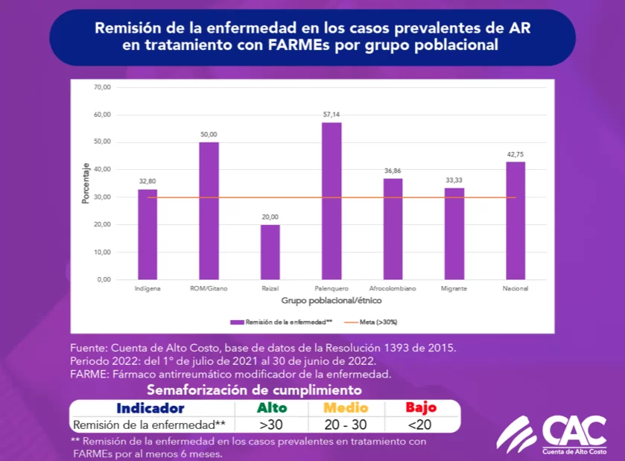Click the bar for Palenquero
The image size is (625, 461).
[x=331, y=201]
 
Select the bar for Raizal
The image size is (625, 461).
[x=270, y=252]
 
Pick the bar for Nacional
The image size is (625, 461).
[x=515, y=220]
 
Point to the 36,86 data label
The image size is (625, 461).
[x=393, y=171]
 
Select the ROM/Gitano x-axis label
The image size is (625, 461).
[x=209, y=287]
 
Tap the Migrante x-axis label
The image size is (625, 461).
[x=454, y=287]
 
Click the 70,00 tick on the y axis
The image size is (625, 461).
[x=102, y=87]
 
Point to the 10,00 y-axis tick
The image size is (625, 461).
[x=102, y=252]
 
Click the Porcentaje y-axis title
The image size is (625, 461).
[x=86, y=183]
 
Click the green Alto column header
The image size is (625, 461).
[x=272, y=408]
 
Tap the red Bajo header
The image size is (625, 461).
[x=421, y=408]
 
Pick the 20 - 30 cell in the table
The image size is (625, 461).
[x=346, y=425]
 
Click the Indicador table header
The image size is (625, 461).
[x=150, y=408]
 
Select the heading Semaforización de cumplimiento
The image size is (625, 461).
[x=254, y=390]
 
